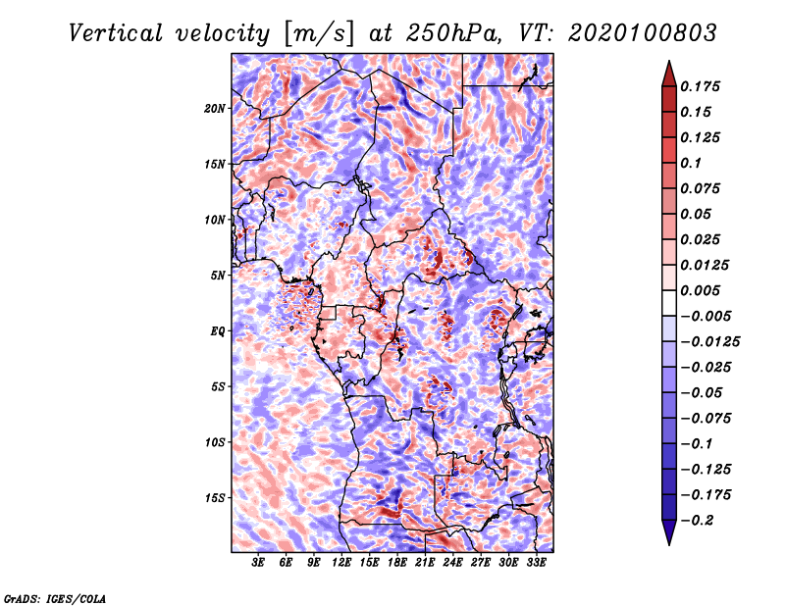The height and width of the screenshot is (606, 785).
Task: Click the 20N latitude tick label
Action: click(215, 108)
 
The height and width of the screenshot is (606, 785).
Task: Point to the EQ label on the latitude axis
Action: click(217, 331)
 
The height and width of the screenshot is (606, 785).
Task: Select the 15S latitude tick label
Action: click(215, 498)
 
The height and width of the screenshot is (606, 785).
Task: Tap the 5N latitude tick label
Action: click(217, 276)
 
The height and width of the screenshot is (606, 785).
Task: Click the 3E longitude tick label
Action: click(258, 564)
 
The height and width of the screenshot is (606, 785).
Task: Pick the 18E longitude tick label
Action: click(397, 564)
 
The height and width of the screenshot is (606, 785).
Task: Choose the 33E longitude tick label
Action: click(537, 564)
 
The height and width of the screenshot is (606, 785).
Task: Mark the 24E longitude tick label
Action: click(453, 564)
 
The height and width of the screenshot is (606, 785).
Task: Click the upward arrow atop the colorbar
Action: click(667, 72)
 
